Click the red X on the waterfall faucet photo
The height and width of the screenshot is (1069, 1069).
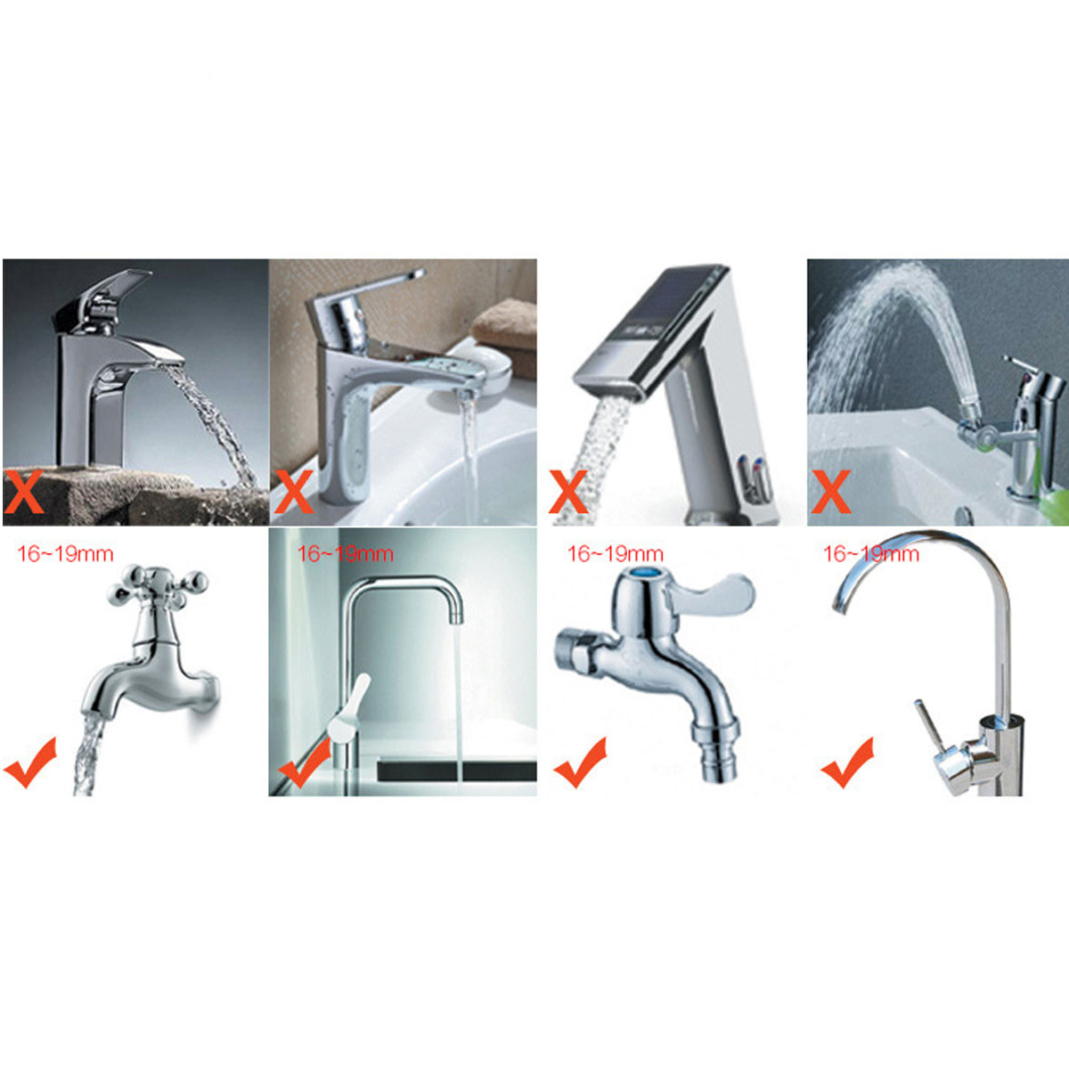tap(23, 491)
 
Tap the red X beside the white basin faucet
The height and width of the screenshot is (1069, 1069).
tap(293, 491)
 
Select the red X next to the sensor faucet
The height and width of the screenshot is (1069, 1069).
tap(568, 491)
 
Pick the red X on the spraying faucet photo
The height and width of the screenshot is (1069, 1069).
tap(831, 491)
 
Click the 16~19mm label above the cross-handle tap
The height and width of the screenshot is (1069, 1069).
tap(65, 554)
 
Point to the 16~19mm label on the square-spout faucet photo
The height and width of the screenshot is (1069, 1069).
tap(345, 554)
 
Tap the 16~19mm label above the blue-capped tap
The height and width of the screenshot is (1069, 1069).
tap(615, 554)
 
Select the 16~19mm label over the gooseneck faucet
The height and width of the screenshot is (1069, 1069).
tap(871, 554)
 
